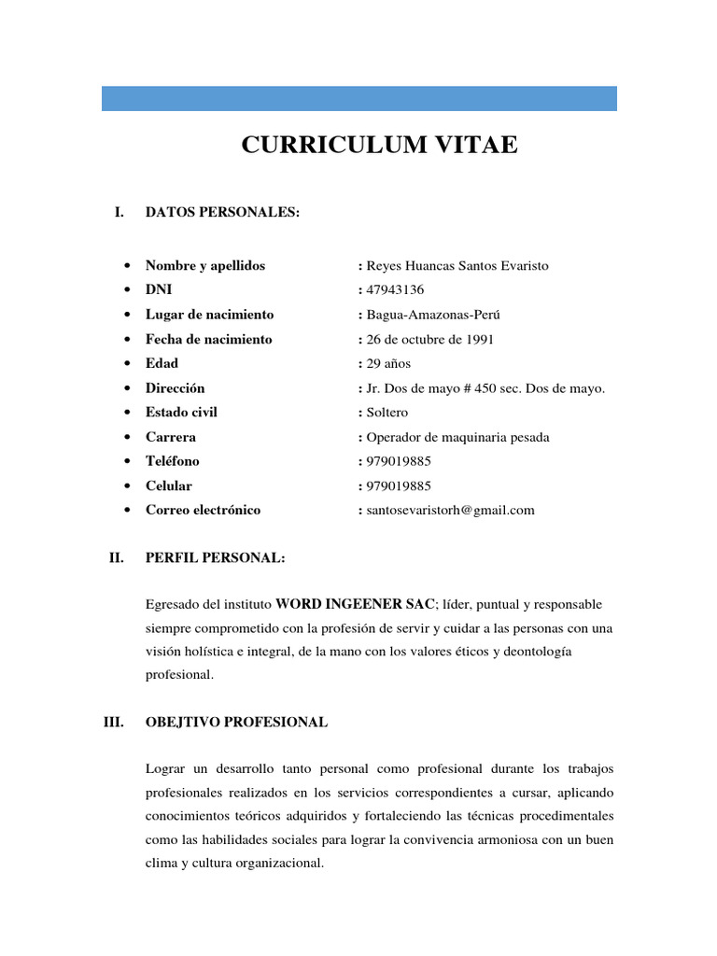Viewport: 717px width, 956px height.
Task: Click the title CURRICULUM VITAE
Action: pyautogui.click(x=379, y=146)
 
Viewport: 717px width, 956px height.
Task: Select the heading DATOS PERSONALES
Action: pyautogui.click(x=222, y=213)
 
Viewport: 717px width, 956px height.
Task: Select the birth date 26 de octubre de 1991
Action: pyautogui.click(x=430, y=339)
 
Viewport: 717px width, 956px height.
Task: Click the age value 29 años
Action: pyautogui.click(x=388, y=363)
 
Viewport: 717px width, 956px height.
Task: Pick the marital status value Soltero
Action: pyautogui.click(x=387, y=412)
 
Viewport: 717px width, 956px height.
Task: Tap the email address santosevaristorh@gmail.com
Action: pyautogui.click(x=450, y=510)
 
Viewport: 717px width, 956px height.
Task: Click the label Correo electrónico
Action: pyautogui.click(x=203, y=510)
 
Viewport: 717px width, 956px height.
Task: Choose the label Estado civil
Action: pyautogui.click(x=181, y=412)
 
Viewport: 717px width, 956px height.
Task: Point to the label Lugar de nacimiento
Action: pyautogui.click(x=209, y=315)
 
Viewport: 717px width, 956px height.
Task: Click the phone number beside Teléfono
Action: pyautogui.click(x=399, y=461)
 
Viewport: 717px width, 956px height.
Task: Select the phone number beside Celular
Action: pyautogui.click(x=399, y=485)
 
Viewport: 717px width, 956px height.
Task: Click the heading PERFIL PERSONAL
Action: pyautogui.click(x=215, y=558)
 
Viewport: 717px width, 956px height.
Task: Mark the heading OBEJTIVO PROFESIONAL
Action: pyautogui.click(x=236, y=722)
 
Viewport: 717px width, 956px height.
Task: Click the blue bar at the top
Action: pyautogui.click(x=358, y=98)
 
